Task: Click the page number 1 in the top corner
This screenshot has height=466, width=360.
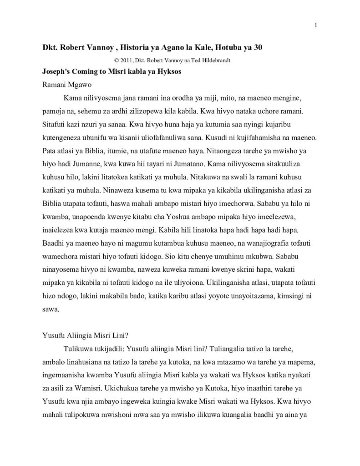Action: coord(315,25)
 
